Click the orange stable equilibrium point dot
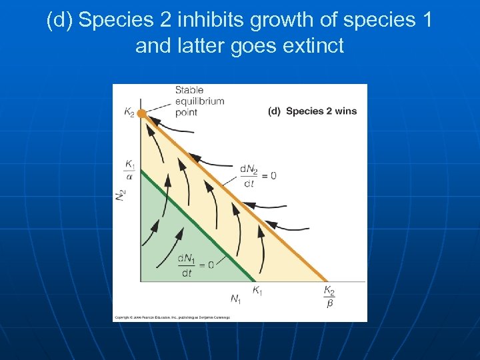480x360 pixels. tap(141, 113)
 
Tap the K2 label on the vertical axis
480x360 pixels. tap(129, 113)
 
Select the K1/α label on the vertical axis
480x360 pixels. tap(129, 169)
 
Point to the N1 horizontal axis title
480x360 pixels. tap(236, 299)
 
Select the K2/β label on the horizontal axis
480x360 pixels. tap(329, 296)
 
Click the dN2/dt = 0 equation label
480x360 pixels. tap(257, 176)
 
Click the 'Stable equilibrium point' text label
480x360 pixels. tap(199, 101)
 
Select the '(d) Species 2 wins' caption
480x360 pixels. tap(312, 111)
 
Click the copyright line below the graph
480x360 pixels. tap(172, 317)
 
